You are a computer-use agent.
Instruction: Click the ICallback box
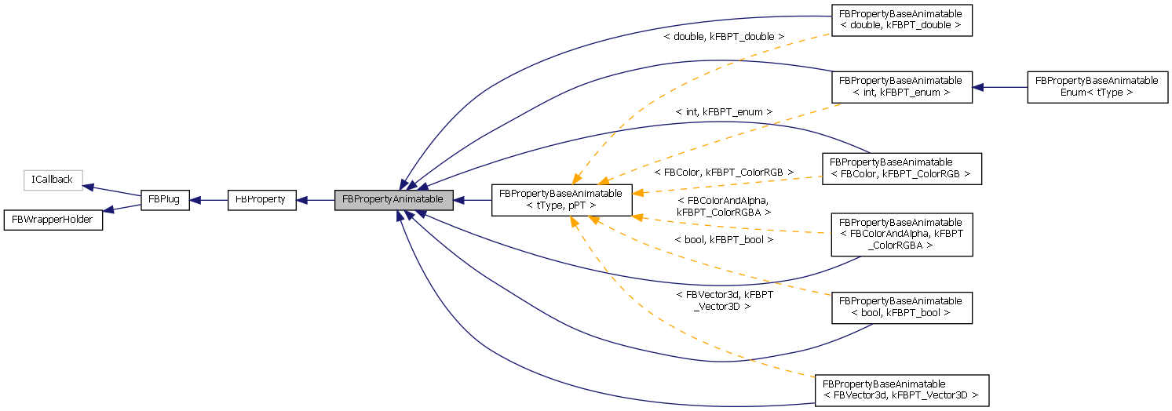(52, 180)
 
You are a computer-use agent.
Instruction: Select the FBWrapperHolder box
(53, 220)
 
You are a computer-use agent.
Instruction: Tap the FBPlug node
(164, 200)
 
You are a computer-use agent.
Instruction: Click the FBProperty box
(261, 200)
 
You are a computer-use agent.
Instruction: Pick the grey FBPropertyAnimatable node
(393, 200)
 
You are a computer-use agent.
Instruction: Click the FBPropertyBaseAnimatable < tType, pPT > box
(560, 200)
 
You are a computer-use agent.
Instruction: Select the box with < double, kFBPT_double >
(901, 20)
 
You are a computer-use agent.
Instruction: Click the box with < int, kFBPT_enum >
(901, 86)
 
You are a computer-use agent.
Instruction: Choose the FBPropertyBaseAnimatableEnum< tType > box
(1097, 86)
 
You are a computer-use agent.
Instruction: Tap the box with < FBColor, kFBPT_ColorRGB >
(901, 168)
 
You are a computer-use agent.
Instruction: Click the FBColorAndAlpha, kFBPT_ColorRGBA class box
(901, 234)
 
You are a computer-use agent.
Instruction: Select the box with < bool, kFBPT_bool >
(901, 307)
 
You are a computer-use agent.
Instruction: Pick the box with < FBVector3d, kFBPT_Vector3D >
(901, 390)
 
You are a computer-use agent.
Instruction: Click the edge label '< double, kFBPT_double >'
(723, 37)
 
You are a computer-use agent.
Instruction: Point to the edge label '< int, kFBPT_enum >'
(723, 112)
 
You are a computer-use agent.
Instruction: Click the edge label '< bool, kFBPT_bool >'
(723, 239)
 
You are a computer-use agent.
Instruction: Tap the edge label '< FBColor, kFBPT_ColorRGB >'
(723, 172)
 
